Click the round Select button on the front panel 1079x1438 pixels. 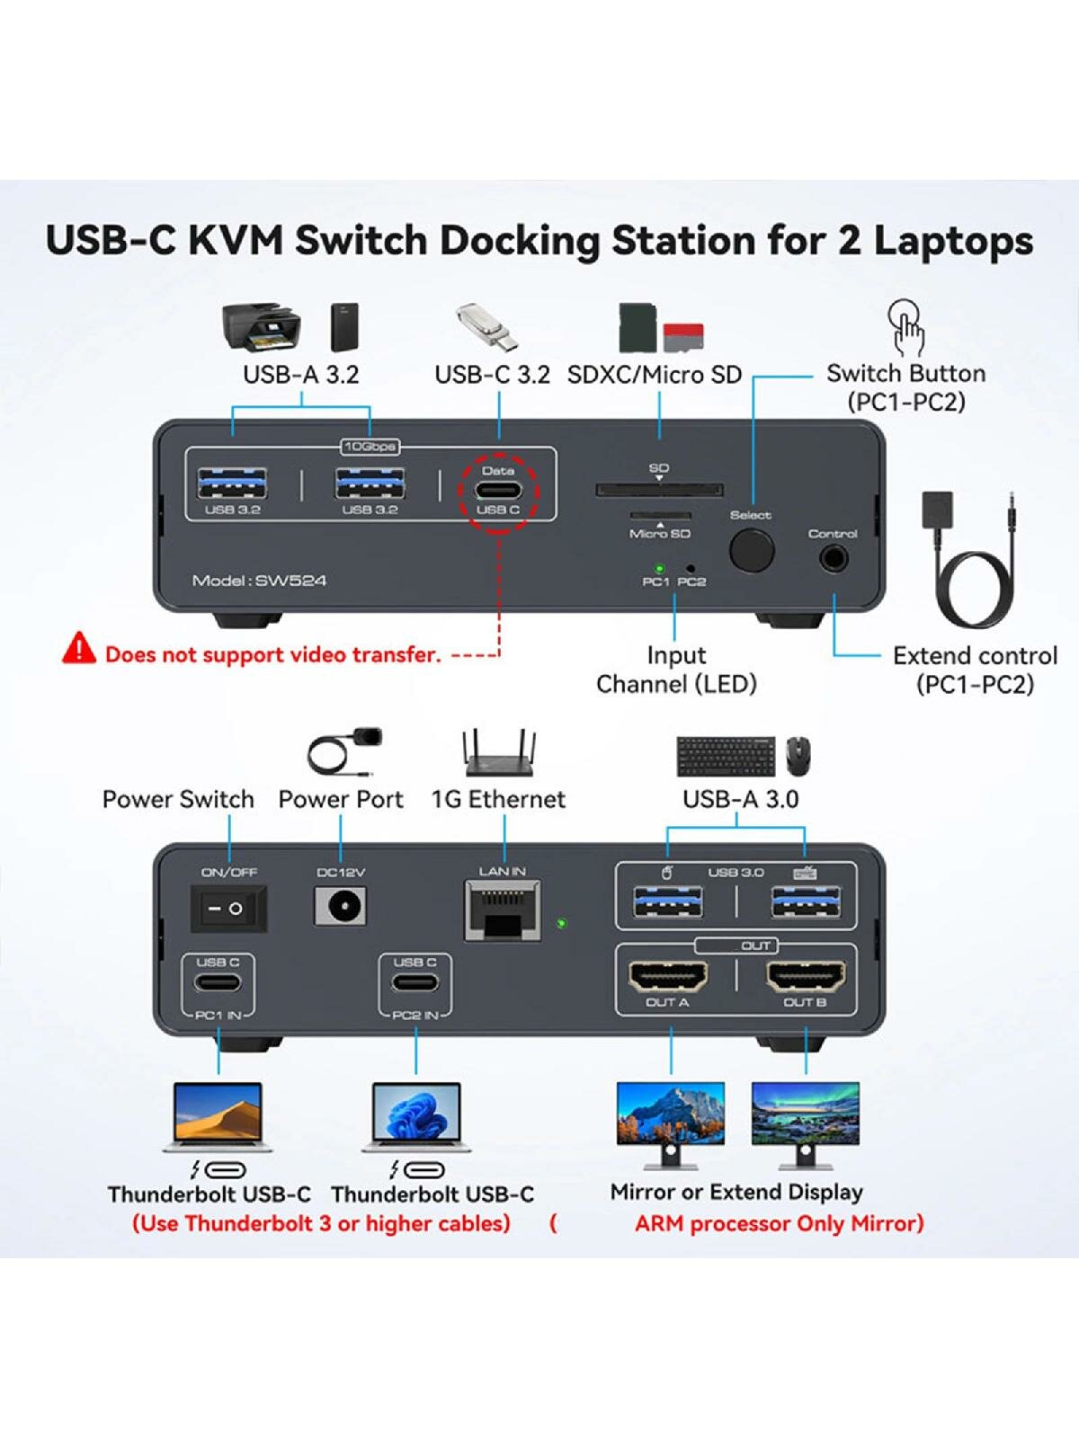[x=751, y=550]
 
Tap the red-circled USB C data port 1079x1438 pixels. [x=498, y=492]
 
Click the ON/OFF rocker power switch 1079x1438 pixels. [x=228, y=908]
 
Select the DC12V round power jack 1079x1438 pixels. [x=342, y=907]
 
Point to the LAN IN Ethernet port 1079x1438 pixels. [x=503, y=910]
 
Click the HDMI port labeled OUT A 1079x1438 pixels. [x=667, y=976]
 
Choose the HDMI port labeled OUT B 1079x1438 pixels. [x=806, y=976]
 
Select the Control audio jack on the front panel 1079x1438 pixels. [x=834, y=558]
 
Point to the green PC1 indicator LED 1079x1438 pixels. [x=658, y=568]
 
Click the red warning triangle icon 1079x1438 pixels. [x=79, y=648]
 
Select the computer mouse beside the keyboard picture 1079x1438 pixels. [x=798, y=756]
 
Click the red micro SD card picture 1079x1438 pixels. [x=682, y=336]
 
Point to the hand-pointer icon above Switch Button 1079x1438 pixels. [x=906, y=327]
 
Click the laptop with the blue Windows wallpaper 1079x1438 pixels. [x=416, y=1116]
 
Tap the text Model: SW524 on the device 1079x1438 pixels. [x=259, y=581]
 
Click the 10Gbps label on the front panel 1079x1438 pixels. [x=370, y=447]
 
